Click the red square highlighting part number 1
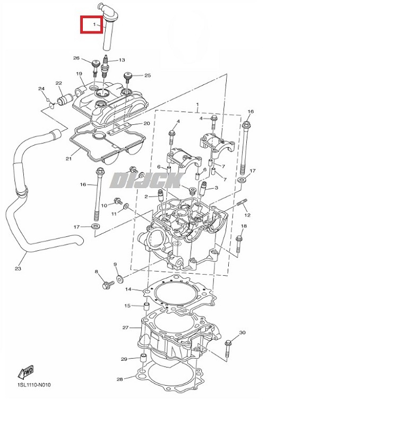(91, 24)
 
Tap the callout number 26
(76, 58)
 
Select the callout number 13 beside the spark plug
(122, 60)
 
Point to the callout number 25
(148, 75)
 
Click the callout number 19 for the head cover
(79, 74)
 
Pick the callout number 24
(41, 89)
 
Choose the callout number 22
(59, 83)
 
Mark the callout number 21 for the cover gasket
(68, 158)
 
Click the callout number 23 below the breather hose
(18, 268)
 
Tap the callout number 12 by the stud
(247, 215)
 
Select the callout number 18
(244, 226)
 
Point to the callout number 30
(242, 333)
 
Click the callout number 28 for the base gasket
(119, 379)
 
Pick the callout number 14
(128, 290)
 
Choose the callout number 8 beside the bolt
(97, 272)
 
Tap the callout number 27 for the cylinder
(125, 328)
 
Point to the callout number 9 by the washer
(115, 265)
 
